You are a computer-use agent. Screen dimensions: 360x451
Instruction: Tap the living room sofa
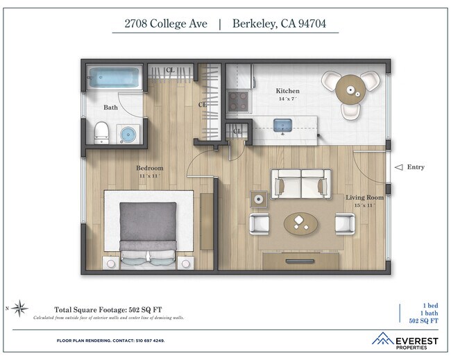coord(300,185)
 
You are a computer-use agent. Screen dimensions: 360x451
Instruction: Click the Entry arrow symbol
coord(398,167)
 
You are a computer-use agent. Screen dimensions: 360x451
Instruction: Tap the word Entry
coord(416,167)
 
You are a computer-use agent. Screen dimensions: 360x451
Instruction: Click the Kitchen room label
coord(287,92)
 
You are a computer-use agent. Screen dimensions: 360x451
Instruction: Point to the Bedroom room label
coord(149,169)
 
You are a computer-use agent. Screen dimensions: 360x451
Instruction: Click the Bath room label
coord(111,108)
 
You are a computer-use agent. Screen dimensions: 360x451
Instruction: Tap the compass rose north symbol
coord(20,307)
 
